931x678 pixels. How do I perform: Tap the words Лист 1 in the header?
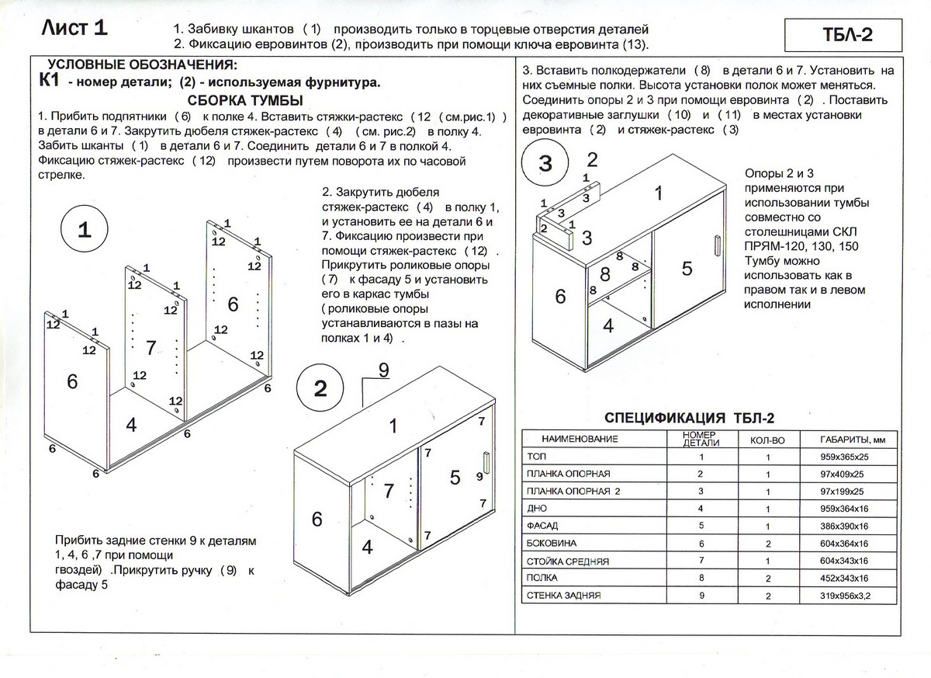tap(74, 29)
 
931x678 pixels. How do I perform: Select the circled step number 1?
tap(85, 230)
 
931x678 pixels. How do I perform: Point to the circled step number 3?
tap(545, 164)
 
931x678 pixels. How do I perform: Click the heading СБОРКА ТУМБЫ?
tap(245, 101)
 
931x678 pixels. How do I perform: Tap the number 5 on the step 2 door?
tap(455, 478)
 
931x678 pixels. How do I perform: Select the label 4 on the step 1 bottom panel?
tap(131, 425)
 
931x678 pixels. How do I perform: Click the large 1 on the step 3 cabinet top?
tap(659, 193)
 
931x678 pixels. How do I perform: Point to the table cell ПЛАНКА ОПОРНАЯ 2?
tap(573, 492)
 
